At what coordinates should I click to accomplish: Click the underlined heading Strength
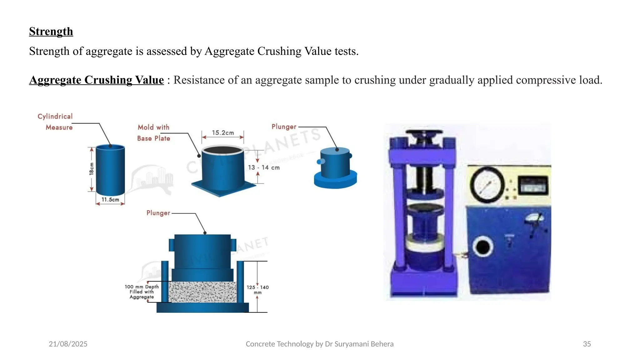tap(51, 32)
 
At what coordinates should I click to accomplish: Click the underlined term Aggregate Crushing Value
tap(96, 80)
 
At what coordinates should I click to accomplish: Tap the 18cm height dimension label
tap(92, 168)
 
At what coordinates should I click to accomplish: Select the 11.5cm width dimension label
tap(110, 200)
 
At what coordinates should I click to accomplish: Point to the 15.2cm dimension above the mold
tap(223, 133)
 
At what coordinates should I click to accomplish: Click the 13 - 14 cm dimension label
tap(264, 167)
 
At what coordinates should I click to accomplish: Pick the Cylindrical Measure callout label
tap(56, 122)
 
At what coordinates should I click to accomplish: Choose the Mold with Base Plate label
tap(153, 133)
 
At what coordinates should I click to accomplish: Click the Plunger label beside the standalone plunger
tap(284, 127)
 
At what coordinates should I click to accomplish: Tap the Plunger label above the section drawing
tap(158, 213)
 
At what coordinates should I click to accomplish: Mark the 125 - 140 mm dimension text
tap(257, 290)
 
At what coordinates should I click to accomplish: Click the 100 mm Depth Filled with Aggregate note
tap(142, 292)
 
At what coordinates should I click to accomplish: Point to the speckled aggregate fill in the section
tap(202, 292)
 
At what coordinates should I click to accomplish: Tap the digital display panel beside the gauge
tap(533, 186)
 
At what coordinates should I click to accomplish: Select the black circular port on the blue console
tap(483, 247)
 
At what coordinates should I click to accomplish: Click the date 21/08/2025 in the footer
tap(68, 344)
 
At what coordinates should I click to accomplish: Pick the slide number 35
tap(587, 344)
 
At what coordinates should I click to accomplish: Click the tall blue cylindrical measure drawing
tap(110, 170)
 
